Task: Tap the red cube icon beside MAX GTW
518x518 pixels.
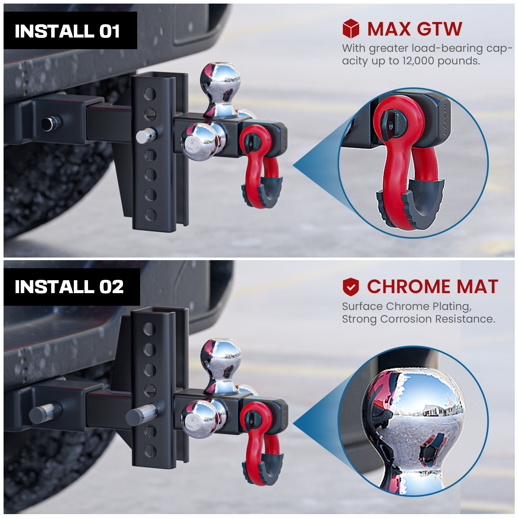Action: (351, 28)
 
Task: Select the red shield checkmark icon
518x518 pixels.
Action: (351, 287)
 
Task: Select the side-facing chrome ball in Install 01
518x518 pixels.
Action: (203, 141)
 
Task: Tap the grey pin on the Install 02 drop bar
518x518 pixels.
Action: (141, 414)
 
